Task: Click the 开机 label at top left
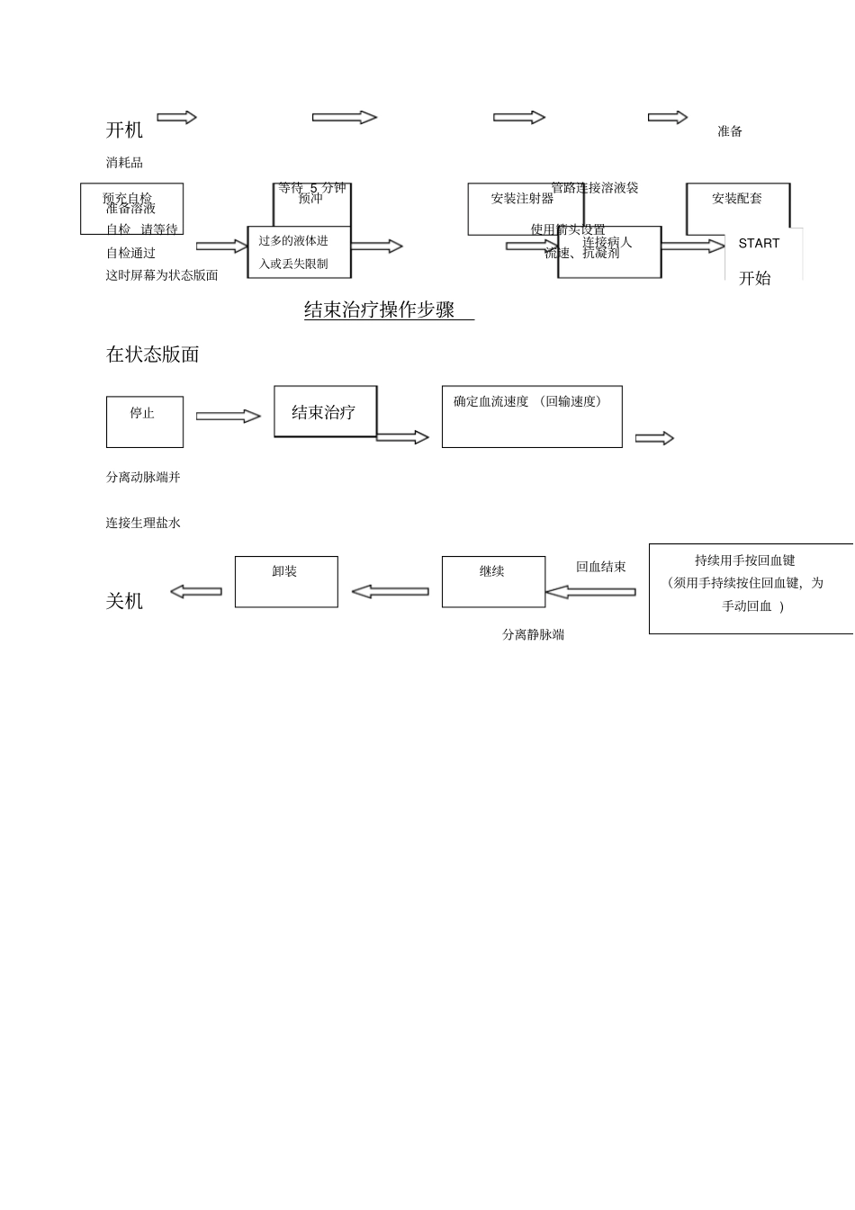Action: [124, 130]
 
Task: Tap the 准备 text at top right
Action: [730, 131]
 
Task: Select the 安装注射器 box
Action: [523, 208]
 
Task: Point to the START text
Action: [759, 244]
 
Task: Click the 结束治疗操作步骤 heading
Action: [380, 310]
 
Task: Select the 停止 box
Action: [144, 422]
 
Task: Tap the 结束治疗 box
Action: [325, 412]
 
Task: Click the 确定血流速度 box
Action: [531, 417]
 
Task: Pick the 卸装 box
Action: [286, 581]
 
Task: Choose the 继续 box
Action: [493, 581]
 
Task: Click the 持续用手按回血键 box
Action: [750, 588]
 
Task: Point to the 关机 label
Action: [124, 601]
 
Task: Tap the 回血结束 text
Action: [601, 568]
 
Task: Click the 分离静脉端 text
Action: [533, 635]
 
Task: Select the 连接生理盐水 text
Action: [143, 523]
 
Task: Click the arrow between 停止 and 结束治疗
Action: [228, 416]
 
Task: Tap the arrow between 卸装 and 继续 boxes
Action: [390, 591]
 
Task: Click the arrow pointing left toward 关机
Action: [196, 591]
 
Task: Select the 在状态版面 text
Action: [153, 354]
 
